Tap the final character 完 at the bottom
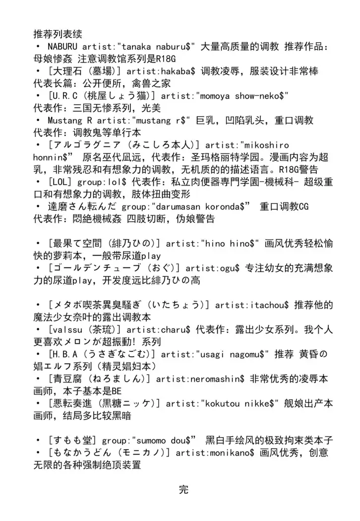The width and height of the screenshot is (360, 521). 183,490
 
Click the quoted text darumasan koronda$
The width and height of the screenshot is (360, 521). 214,206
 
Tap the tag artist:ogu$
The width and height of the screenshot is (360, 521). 213,267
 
